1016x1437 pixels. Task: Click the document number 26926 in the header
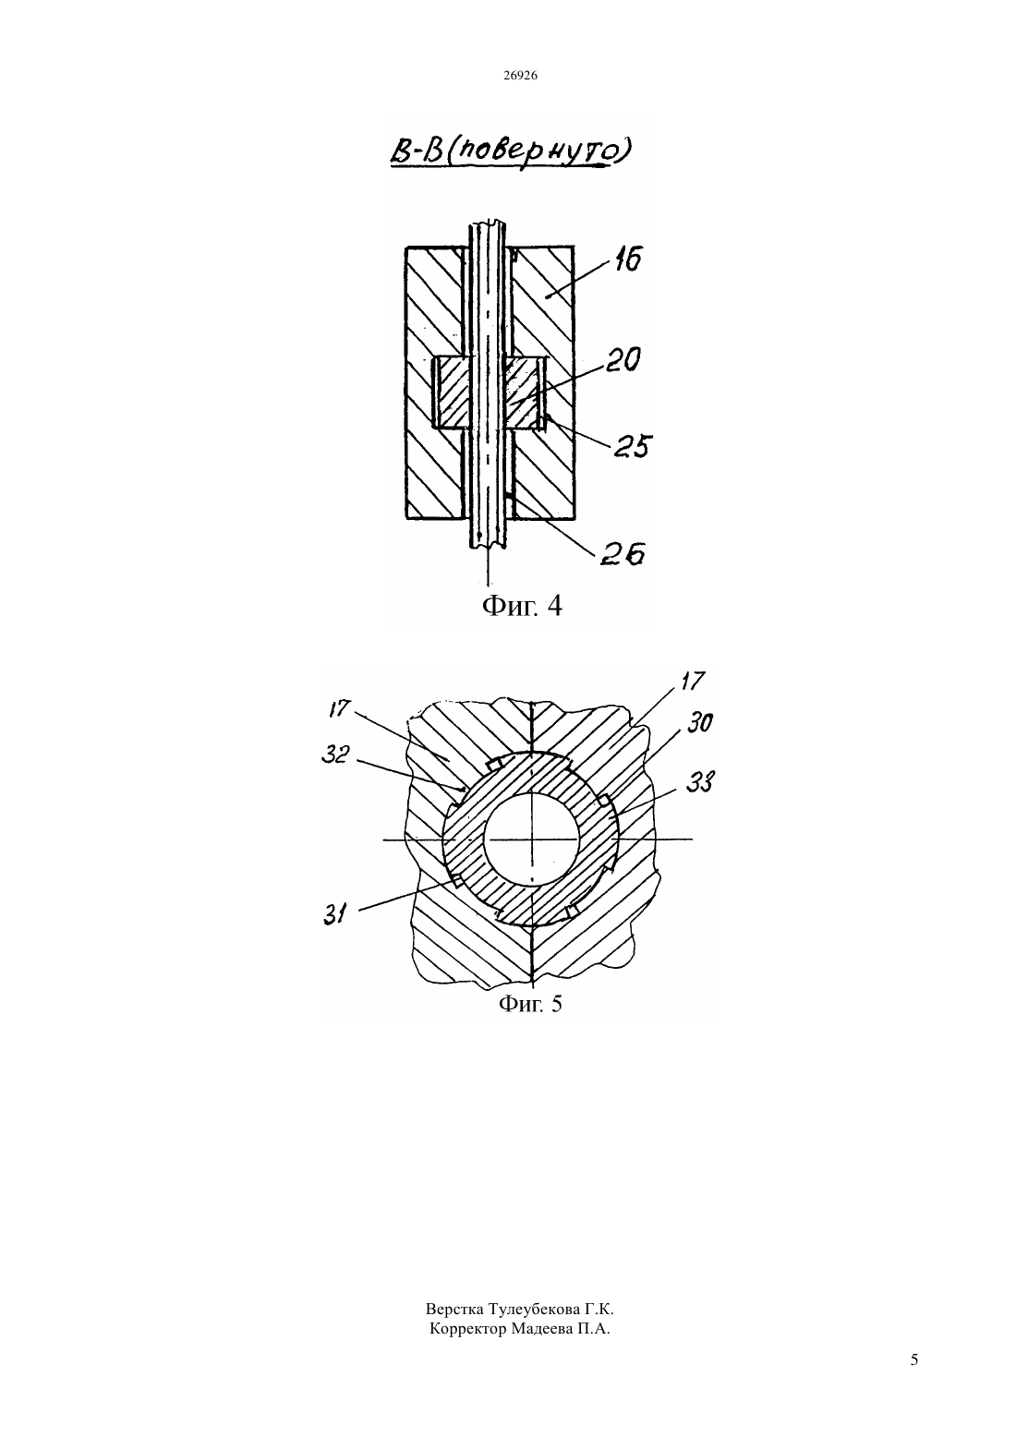point(520,76)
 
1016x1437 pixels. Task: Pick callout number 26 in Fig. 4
point(623,553)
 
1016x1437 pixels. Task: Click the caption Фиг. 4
point(522,605)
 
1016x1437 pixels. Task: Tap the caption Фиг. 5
point(530,1003)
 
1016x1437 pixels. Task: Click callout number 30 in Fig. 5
point(700,723)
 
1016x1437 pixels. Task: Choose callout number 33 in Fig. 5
point(701,782)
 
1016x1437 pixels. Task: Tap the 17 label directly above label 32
point(341,708)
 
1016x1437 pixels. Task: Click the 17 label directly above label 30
point(693,681)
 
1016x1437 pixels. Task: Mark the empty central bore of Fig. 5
point(532,839)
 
